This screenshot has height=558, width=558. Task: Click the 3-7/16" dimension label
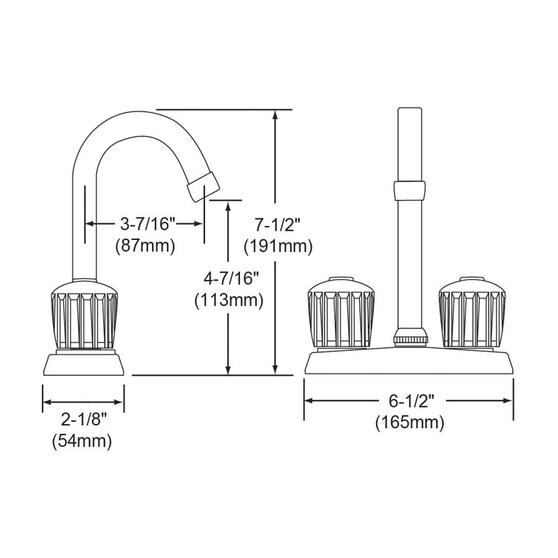tap(148, 224)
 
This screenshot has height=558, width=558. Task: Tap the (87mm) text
tap(146, 246)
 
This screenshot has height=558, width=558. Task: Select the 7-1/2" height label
tap(278, 225)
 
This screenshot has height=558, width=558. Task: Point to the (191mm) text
tap(278, 246)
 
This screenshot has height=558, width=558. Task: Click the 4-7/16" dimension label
tap(229, 278)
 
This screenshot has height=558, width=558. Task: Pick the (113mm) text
tap(229, 300)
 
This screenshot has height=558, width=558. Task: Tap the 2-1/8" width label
tap(84, 421)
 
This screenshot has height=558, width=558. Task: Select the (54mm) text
tap(82, 442)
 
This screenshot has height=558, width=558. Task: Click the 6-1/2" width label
tap(412, 402)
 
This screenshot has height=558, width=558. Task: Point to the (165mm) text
tap(409, 423)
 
